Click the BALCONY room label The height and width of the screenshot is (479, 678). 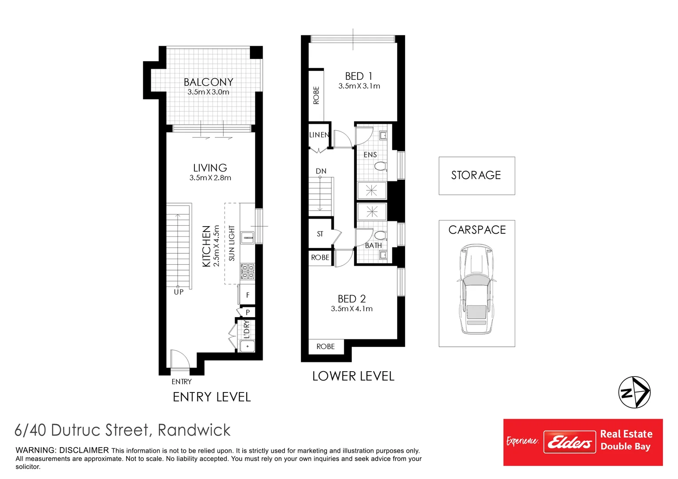(208, 82)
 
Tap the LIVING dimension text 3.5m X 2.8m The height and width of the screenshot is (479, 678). (210, 178)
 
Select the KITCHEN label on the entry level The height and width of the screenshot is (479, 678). (206, 246)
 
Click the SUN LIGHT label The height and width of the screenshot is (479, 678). (232, 243)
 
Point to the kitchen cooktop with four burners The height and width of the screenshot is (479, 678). (247, 271)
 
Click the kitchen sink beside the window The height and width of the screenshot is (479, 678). (247, 238)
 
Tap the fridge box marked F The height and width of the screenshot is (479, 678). (248, 295)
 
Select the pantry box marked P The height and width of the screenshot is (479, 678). (248, 312)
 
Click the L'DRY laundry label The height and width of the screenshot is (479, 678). (247, 330)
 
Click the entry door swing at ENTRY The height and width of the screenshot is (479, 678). (179, 359)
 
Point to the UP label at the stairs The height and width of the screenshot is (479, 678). (178, 292)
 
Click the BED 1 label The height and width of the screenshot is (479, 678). (359, 76)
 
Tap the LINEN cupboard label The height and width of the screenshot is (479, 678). (319, 135)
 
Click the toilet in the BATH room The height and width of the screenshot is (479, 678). (380, 235)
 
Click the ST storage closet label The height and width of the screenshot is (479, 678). (320, 234)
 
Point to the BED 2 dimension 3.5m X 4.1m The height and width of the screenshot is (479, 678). (351, 309)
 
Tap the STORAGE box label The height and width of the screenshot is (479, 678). (476, 175)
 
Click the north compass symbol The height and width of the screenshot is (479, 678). (634, 392)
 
